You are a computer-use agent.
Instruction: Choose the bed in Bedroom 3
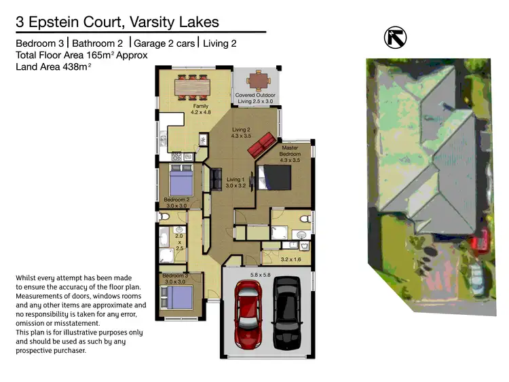(x=178, y=297)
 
